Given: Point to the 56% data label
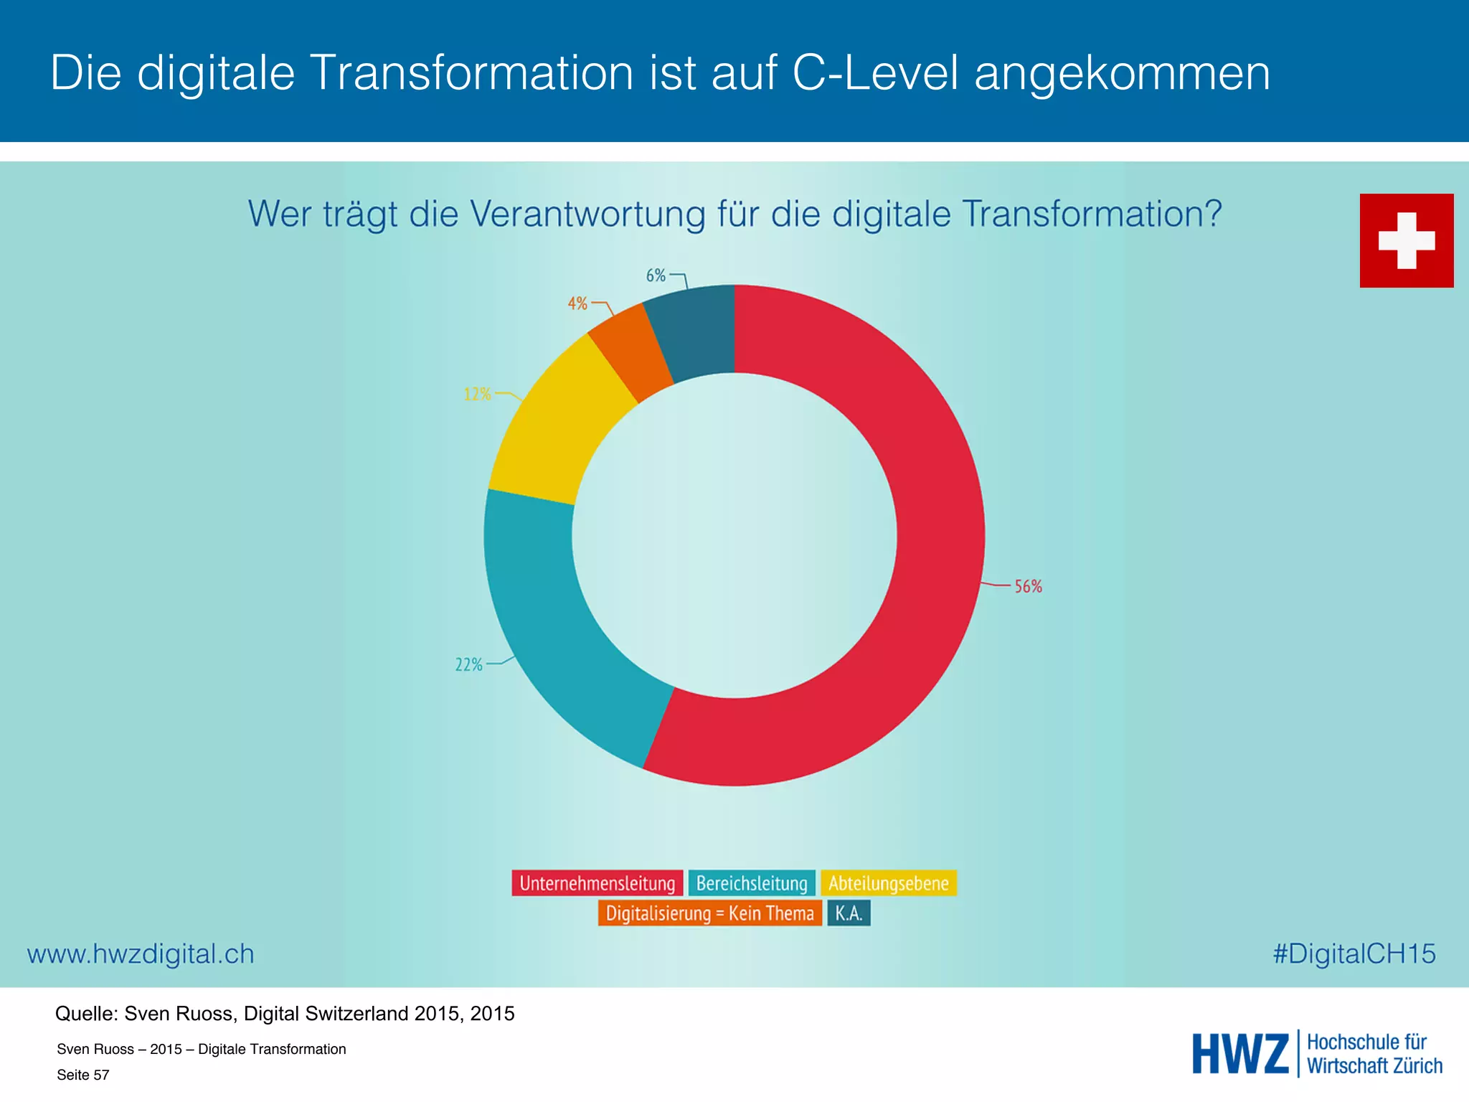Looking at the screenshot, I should coord(1028,587).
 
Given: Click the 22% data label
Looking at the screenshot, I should coord(468,665).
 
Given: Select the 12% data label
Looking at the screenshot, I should coord(477,395).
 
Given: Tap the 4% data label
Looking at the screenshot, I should coord(577,303).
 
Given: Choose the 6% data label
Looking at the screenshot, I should coord(656,275).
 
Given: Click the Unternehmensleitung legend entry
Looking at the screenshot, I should coord(597,883).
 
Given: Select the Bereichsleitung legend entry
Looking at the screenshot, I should coord(752,883).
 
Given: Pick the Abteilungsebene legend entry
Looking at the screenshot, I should coord(889,883).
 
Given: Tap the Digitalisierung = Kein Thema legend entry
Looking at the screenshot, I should coord(709,913).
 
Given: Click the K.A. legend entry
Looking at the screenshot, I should coord(849,913).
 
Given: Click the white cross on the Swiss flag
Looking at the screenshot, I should coord(1407,241).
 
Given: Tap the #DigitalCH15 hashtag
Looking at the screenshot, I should coord(1354,953).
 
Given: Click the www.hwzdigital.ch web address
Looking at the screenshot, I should coord(141,954).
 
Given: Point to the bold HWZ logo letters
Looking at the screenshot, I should coord(1240,1054).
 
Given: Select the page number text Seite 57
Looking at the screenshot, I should coord(83,1075).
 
